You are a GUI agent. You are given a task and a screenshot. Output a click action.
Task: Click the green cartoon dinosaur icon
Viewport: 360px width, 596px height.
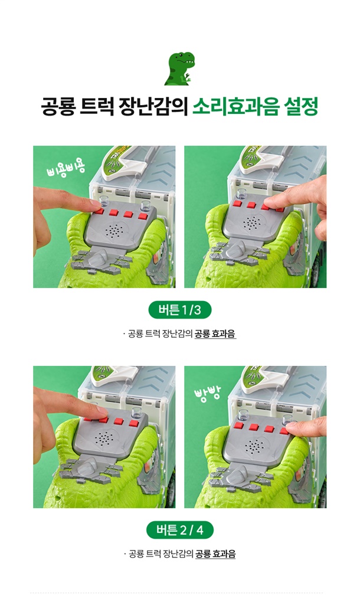pyautogui.click(x=180, y=68)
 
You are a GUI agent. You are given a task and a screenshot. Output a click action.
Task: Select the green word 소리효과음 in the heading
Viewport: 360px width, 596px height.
pyautogui.click(x=235, y=106)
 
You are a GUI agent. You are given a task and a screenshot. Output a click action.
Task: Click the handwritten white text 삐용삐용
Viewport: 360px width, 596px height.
pyautogui.click(x=66, y=169)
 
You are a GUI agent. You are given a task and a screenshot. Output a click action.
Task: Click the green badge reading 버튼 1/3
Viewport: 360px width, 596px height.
pyautogui.click(x=180, y=310)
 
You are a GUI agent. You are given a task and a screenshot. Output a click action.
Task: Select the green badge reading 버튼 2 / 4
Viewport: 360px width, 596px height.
pyautogui.click(x=180, y=530)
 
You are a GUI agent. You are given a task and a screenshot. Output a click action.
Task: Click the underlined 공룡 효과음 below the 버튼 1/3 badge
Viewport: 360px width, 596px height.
pyautogui.click(x=215, y=334)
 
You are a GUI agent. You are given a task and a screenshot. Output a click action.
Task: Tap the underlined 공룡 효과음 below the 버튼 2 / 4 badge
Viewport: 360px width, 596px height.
pyautogui.click(x=215, y=554)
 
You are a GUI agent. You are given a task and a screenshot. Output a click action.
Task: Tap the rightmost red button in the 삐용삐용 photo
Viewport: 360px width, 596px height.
pyautogui.click(x=143, y=217)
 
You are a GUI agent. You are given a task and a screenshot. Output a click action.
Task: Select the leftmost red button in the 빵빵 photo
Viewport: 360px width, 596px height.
pyautogui.click(x=240, y=425)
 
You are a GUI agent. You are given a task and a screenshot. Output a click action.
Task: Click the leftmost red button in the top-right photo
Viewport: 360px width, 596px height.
pyautogui.click(x=237, y=204)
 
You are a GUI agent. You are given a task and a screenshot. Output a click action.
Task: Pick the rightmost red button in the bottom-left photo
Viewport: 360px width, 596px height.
pyautogui.click(x=133, y=423)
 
